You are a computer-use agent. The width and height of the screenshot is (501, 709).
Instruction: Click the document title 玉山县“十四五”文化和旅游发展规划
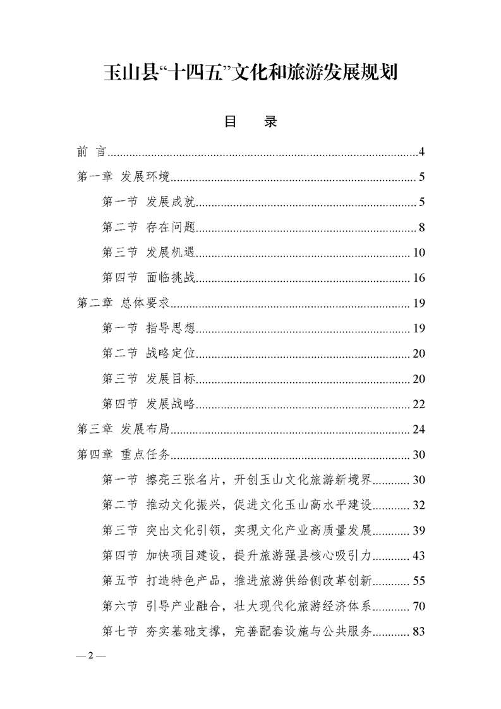click(250, 73)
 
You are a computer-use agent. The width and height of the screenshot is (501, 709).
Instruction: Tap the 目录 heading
click(251, 122)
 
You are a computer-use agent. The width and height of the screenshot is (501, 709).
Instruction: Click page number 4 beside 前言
click(421, 152)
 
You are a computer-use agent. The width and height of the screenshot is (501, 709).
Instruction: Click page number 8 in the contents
click(421, 227)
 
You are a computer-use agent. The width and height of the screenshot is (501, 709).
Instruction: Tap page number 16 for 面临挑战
click(419, 278)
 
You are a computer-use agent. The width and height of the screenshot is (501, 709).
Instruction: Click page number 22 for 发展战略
click(419, 404)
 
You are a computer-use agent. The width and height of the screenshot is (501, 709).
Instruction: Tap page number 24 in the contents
click(419, 430)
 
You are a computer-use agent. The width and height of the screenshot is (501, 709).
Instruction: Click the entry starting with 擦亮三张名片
click(237, 480)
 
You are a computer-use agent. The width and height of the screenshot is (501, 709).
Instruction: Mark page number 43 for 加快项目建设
click(419, 555)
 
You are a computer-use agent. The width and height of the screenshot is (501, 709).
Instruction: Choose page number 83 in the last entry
click(419, 631)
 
